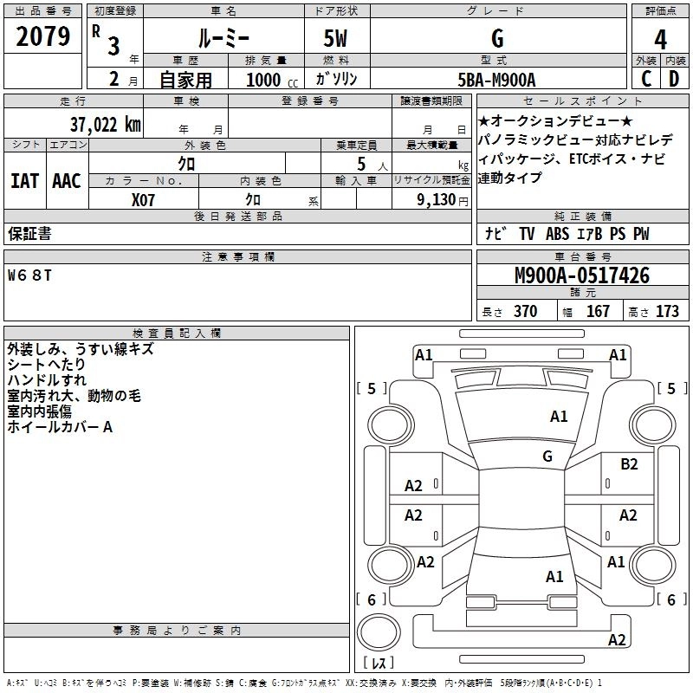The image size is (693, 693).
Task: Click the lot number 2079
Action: (x=42, y=36)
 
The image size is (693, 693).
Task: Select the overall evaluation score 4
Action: (x=660, y=39)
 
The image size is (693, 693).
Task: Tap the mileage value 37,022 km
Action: (x=105, y=125)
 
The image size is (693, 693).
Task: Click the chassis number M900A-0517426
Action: (x=582, y=275)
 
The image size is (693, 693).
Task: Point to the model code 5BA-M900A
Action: (x=496, y=80)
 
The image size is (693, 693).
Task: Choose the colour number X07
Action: (x=143, y=200)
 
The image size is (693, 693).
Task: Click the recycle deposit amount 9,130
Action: (x=437, y=200)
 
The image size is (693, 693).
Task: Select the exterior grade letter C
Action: (x=646, y=79)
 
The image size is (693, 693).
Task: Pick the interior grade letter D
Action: (x=674, y=79)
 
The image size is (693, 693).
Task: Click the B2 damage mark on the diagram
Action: (x=629, y=464)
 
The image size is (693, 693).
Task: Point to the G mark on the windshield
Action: (x=547, y=456)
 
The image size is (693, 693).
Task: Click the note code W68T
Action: (x=29, y=275)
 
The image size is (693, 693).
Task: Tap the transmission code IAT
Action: (x=24, y=181)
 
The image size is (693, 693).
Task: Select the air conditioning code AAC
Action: (x=67, y=181)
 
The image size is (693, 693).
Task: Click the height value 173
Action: (x=667, y=311)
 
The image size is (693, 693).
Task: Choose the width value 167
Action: (x=598, y=311)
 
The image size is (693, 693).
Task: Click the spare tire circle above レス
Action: (x=379, y=631)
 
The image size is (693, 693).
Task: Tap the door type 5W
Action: (x=335, y=39)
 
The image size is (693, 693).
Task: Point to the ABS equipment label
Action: (x=557, y=234)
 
